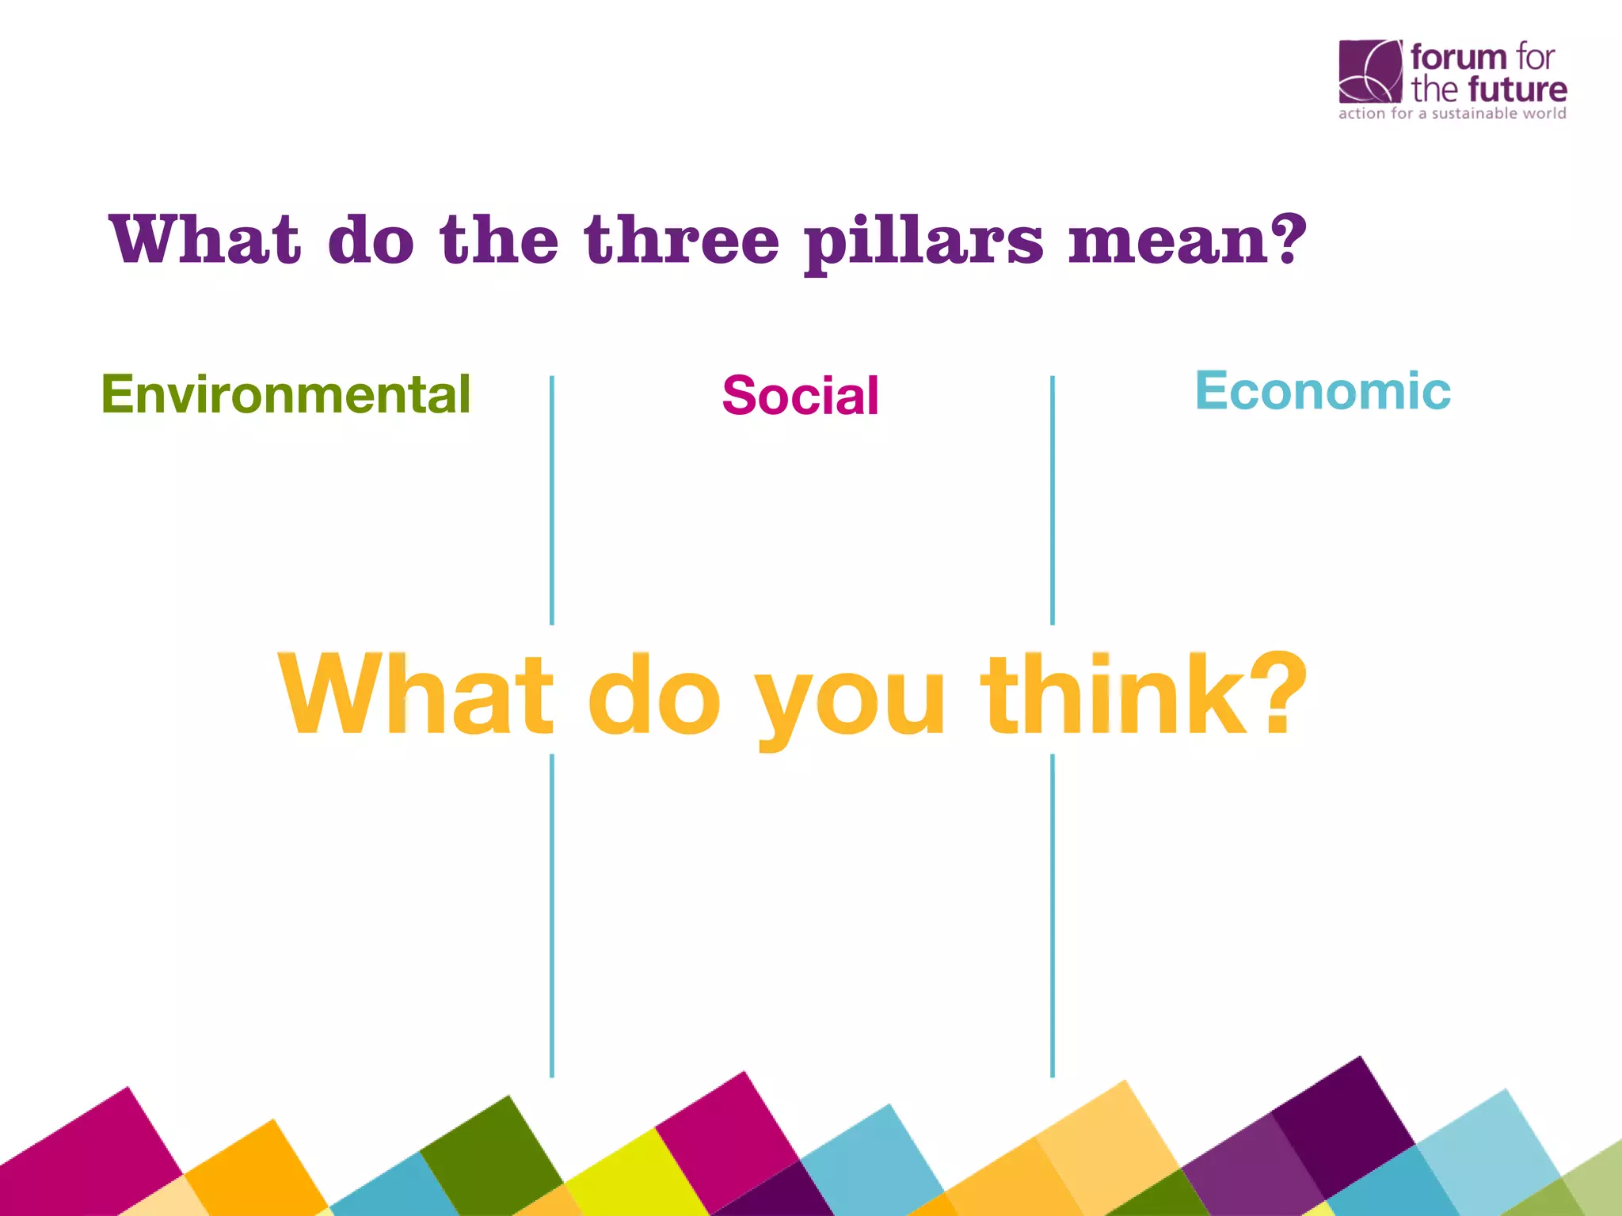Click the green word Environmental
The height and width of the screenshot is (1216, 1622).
pos(286,394)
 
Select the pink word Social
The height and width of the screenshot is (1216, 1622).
pos(800,396)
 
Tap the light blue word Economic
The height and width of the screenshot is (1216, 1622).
pos(1322,391)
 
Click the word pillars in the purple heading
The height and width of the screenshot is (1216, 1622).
pos(923,241)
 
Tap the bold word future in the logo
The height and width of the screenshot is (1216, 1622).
pos(1517,89)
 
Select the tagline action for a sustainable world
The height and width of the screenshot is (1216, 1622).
pos(1452,114)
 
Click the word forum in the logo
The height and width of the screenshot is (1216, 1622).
pos(1458,58)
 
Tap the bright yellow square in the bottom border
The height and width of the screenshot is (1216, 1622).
pos(634,1172)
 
